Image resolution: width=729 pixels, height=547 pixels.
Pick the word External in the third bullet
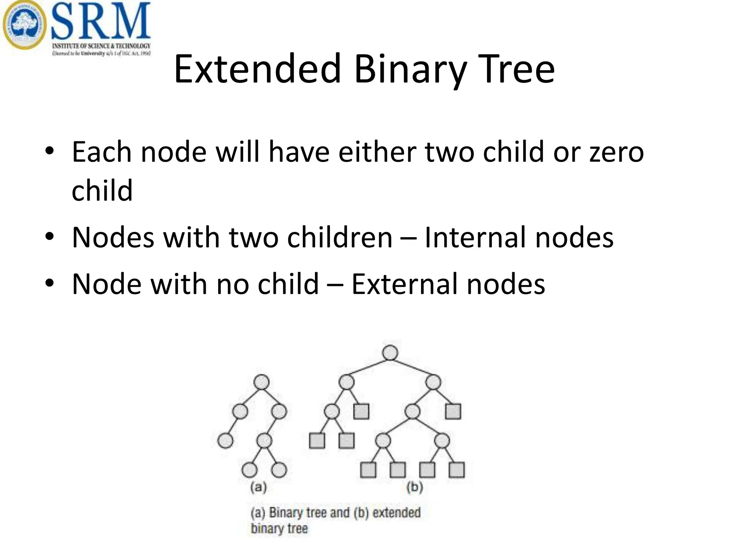point(404,284)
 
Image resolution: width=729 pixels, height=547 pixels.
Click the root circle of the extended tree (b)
point(390,353)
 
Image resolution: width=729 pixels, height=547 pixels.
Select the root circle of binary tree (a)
point(262,382)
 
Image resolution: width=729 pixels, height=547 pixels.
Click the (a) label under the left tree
point(258,487)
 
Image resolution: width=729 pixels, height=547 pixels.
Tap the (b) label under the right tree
point(415,487)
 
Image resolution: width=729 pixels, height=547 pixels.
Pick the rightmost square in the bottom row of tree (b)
point(457,470)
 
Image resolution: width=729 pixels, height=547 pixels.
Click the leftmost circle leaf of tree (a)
point(225,441)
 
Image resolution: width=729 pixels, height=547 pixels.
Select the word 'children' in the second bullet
point(340,238)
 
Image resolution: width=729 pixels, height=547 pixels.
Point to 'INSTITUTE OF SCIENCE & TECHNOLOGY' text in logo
point(101,46)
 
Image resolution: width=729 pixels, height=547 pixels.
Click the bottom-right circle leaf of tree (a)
point(279,470)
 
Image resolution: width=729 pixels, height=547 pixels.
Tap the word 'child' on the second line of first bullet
point(102,191)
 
